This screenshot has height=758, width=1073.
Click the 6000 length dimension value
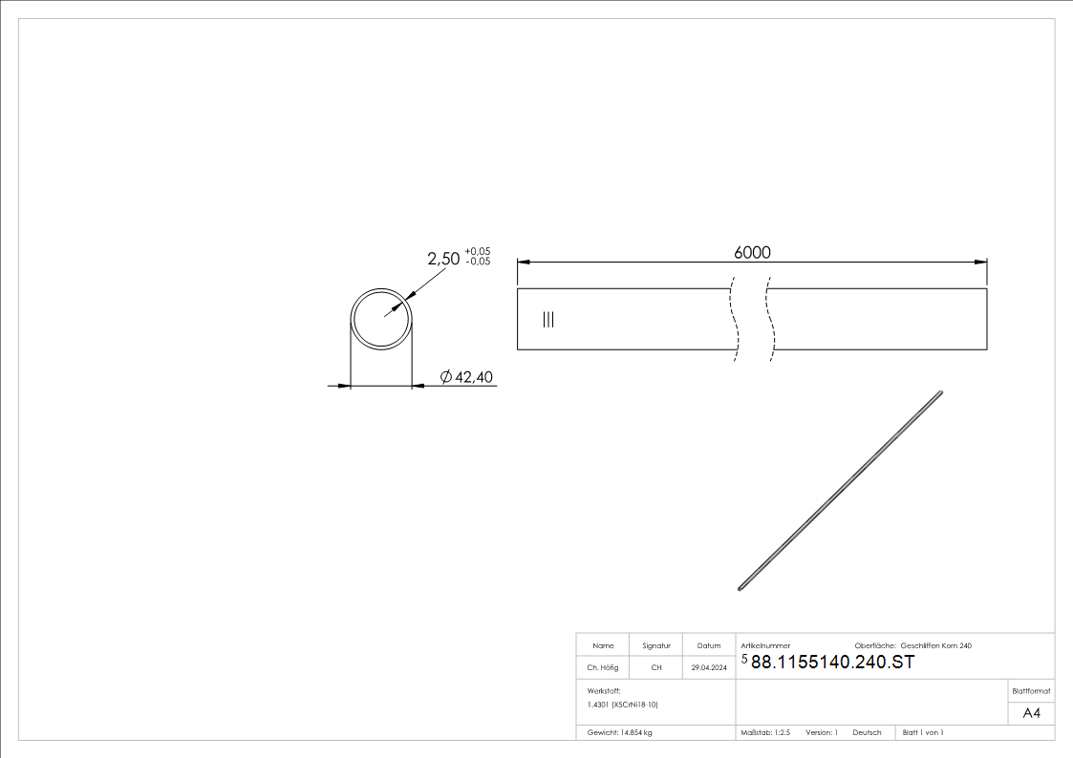(752, 252)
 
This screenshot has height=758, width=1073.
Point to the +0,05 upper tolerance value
(478, 251)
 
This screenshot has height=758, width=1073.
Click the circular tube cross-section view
(381, 318)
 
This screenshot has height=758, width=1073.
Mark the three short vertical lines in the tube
(547, 319)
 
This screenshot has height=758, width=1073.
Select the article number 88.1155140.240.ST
(832, 663)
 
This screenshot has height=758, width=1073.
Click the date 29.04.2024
(709, 668)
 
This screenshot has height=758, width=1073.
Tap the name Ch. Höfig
(602, 668)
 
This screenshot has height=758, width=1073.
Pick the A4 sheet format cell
(1031, 713)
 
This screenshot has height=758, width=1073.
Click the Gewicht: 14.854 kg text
(620, 732)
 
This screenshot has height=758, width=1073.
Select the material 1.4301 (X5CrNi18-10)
(623, 704)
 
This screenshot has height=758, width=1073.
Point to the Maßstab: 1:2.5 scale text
(765, 732)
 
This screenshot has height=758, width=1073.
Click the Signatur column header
(656, 645)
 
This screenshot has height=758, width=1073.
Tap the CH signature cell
(656, 668)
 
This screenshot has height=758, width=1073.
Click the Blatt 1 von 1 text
(923, 732)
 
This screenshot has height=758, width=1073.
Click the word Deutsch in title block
(867, 732)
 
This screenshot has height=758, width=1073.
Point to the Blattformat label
(1031, 690)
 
